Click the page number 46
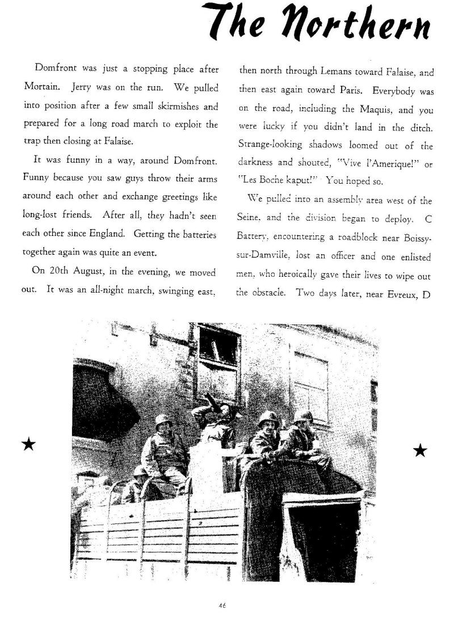221,605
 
